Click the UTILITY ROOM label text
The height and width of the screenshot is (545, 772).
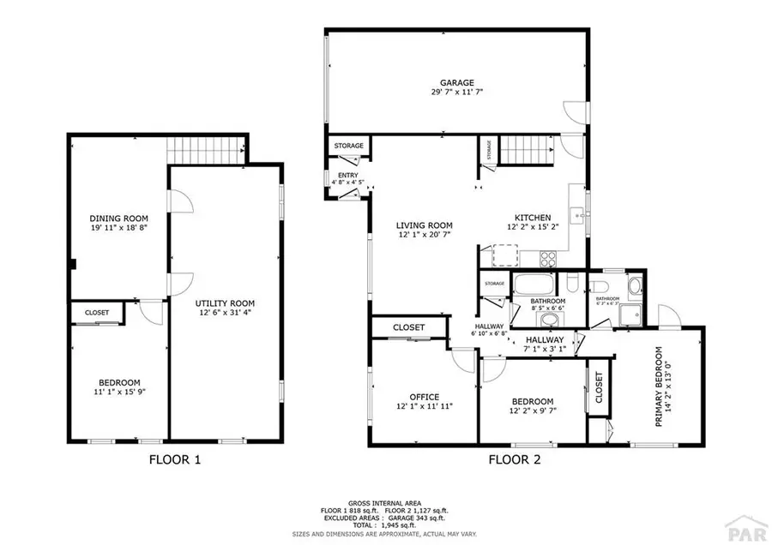coord(225,303)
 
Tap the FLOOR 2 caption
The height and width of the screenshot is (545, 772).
coord(515,459)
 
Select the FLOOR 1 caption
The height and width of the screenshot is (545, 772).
coord(175,459)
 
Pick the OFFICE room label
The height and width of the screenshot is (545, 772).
coord(424,397)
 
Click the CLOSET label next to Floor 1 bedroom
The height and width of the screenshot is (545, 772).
coord(97,313)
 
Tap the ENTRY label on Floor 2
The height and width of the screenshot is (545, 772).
coord(347,176)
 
